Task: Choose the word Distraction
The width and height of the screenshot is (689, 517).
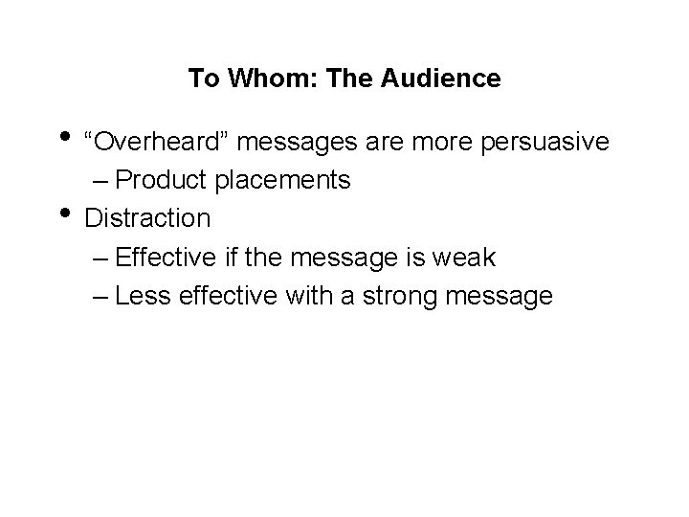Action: pyautogui.click(x=147, y=218)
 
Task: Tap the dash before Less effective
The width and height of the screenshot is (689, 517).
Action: pyautogui.click(x=122, y=297)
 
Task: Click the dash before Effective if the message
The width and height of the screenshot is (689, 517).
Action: pyautogui.click(x=122, y=258)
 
